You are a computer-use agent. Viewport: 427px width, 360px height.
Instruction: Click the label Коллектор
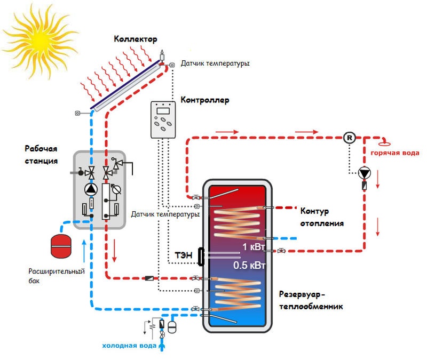coord(136,39)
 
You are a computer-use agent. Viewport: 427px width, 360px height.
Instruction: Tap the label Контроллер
coord(205,100)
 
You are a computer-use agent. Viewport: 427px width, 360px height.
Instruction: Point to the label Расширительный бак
coord(57,276)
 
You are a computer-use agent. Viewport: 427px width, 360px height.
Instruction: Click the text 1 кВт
coord(253,247)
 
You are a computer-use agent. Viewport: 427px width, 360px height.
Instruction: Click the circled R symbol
coord(350,138)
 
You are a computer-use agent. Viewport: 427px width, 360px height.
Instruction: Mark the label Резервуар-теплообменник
coord(310,300)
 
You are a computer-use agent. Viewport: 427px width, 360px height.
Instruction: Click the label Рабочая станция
coord(41,154)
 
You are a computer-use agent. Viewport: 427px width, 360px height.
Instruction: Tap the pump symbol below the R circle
coord(365,173)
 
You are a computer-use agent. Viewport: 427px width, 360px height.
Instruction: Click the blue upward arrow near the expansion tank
coord(84,251)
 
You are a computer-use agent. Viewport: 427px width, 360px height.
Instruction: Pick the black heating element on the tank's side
coord(201,257)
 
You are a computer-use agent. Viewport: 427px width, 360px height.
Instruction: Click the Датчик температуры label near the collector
coord(215,63)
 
